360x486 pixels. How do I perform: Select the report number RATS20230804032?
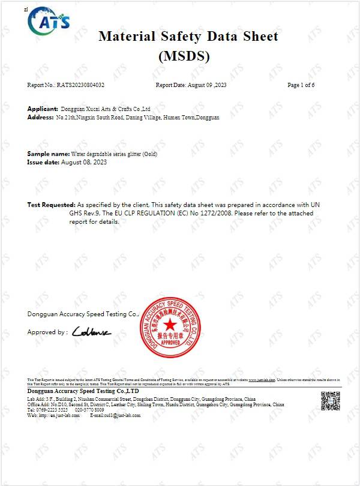click(85, 85)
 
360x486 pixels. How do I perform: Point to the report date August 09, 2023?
click(208, 85)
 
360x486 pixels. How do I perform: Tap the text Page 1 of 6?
click(301, 85)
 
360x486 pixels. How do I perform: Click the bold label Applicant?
click(43, 109)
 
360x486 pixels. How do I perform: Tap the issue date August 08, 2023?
click(83, 163)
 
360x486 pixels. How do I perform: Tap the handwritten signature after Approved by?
click(91, 332)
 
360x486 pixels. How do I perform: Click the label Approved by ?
click(47, 332)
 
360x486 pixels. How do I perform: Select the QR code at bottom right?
click(330, 401)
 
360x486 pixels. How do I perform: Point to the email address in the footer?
click(115, 415)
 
